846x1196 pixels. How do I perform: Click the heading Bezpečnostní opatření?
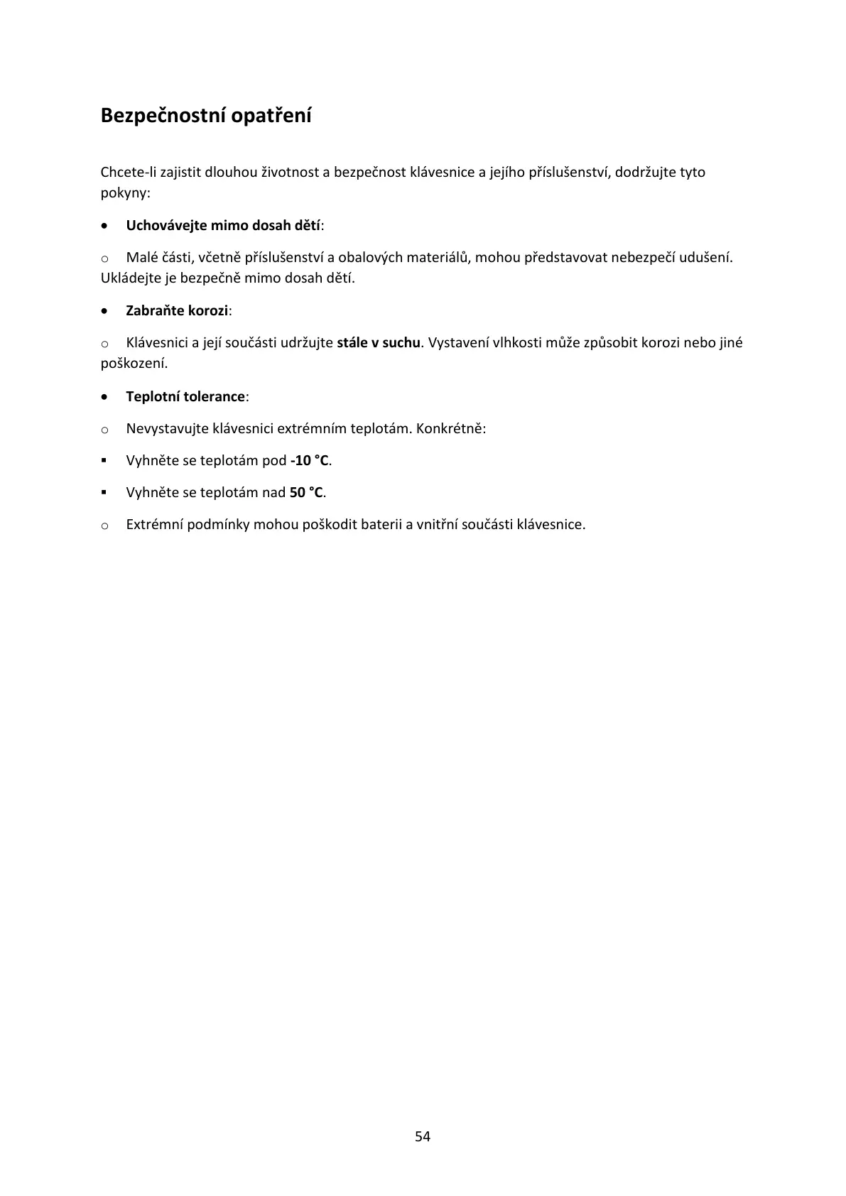click(206, 115)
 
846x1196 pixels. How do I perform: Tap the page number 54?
click(423, 1136)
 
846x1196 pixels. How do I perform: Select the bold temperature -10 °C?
click(310, 460)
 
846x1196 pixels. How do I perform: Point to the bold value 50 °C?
click(306, 492)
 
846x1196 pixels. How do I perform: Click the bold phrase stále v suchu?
click(379, 343)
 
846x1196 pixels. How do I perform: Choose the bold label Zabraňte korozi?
click(177, 310)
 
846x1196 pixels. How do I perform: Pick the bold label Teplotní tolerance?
click(185, 396)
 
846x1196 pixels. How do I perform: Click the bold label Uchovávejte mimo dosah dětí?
click(223, 225)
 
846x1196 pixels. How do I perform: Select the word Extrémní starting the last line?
click(154, 525)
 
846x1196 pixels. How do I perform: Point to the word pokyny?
click(124, 192)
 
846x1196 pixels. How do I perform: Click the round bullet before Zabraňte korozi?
click(105, 311)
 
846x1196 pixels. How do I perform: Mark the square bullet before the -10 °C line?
click(104, 460)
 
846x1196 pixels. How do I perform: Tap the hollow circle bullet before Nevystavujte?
click(104, 430)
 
